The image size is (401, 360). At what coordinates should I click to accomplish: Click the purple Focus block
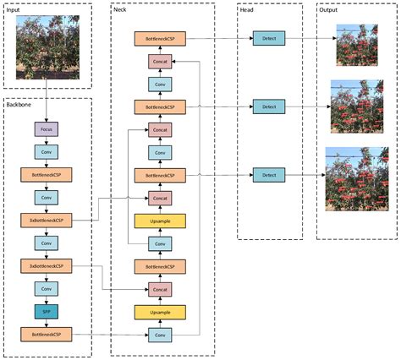46,130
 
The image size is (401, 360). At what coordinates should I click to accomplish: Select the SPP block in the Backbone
46,312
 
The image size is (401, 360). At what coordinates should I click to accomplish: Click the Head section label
248,8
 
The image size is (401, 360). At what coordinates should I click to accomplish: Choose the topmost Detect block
269,38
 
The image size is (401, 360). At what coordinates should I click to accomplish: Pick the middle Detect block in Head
269,106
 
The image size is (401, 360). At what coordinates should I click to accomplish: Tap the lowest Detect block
269,175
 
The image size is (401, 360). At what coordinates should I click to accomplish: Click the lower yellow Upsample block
160,312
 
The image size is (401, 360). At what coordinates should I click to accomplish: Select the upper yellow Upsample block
160,221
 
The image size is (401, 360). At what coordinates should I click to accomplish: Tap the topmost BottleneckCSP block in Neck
160,39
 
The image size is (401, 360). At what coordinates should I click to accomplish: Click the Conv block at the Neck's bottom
160,335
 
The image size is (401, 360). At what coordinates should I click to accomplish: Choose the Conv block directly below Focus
46,153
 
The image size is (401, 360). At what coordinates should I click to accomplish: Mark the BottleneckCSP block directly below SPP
46,335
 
